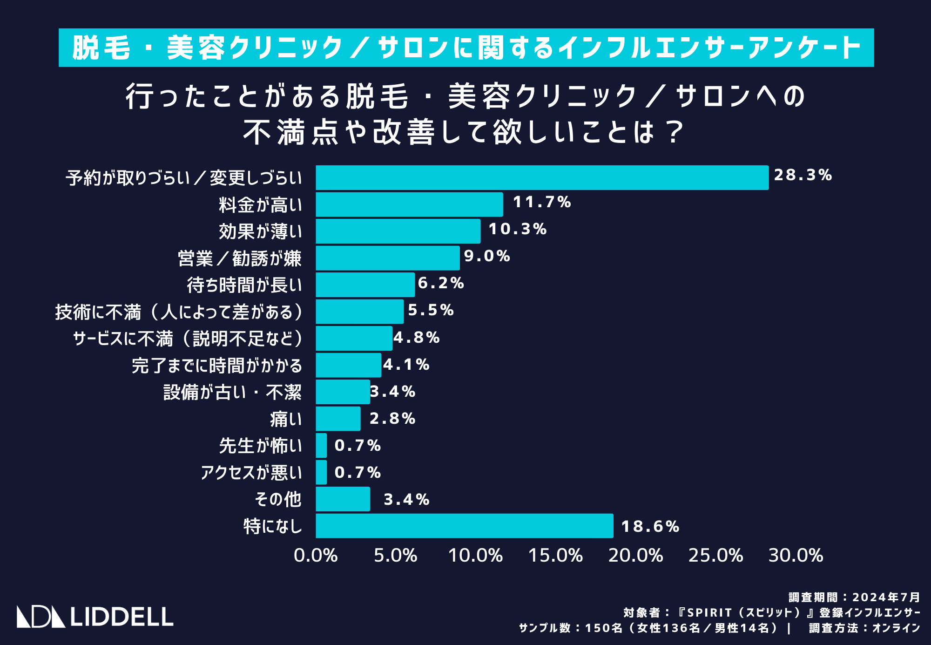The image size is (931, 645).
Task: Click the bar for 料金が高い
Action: click(x=409, y=204)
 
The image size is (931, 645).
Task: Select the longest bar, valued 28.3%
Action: click(x=542, y=177)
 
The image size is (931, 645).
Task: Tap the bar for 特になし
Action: click(x=464, y=526)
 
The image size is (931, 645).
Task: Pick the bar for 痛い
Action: click(x=338, y=419)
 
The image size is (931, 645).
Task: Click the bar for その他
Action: click(x=343, y=499)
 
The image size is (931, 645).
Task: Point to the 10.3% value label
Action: click(x=517, y=229)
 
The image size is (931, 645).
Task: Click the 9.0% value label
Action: click(x=487, y=256)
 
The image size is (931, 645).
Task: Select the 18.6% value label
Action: click(x=650, y=526)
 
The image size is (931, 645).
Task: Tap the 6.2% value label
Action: click(x=441, y=283)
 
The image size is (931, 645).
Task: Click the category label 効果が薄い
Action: click(x=260, y=231)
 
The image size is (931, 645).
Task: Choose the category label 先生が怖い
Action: click(x=260, y=446)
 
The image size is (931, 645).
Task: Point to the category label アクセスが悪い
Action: click(x=251, y=473)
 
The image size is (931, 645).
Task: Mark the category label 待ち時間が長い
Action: click(x=244, y=285)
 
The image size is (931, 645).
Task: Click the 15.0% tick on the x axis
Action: click(x=555, y=556)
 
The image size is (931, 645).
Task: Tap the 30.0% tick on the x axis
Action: click(x=796, y=556)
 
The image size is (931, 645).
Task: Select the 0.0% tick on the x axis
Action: click(x=316, y=556)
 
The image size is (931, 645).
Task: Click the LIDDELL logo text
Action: click(x=121, y=617)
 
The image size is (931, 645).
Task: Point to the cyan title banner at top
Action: click(x=466, y=48)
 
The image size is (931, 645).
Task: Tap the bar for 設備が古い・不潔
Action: click(x=343, y=392)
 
